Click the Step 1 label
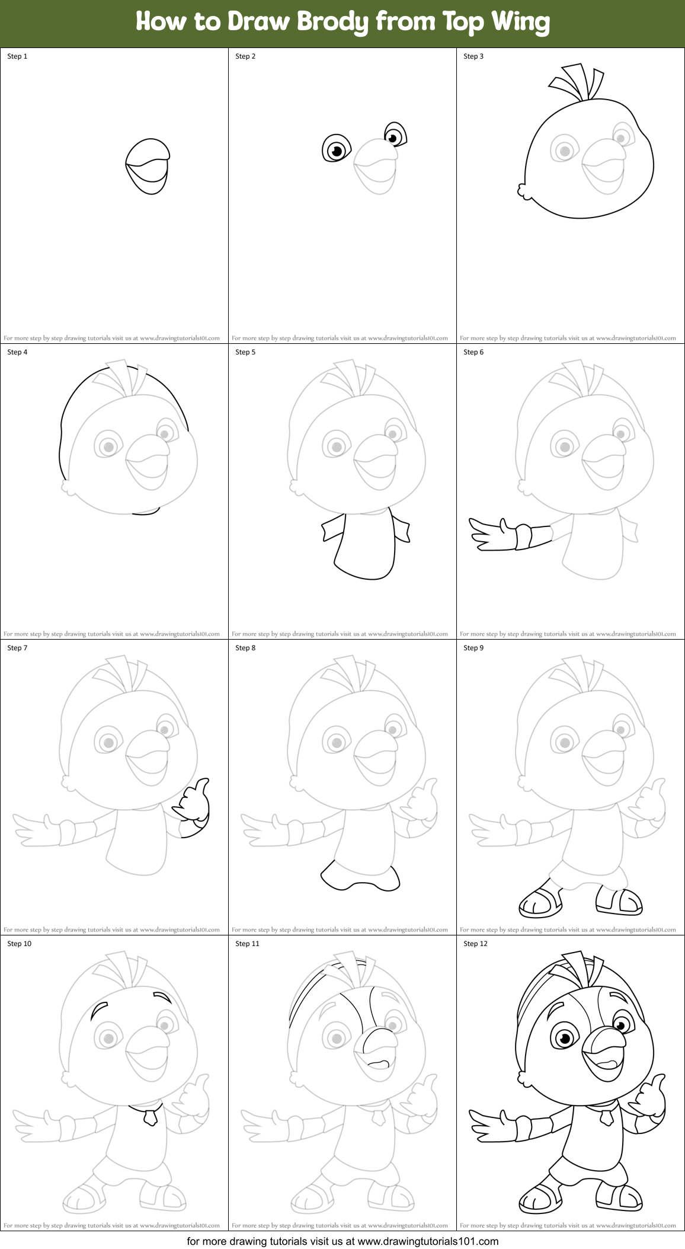(17, 56)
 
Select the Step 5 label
(245, 352)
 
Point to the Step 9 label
(473, 648)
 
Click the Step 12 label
(475, 944)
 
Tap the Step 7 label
(17, 648)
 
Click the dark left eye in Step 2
(336, 149)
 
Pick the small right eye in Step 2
(395, 135)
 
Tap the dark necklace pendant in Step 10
(151, 1117)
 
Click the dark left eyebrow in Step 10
(98, 1010)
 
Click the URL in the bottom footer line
(428, 1241)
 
